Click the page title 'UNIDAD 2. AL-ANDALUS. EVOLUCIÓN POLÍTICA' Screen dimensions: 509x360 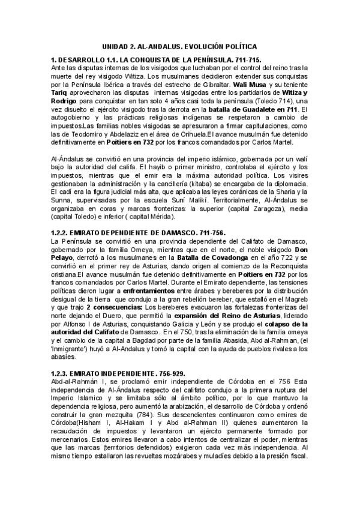coord(179,46)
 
